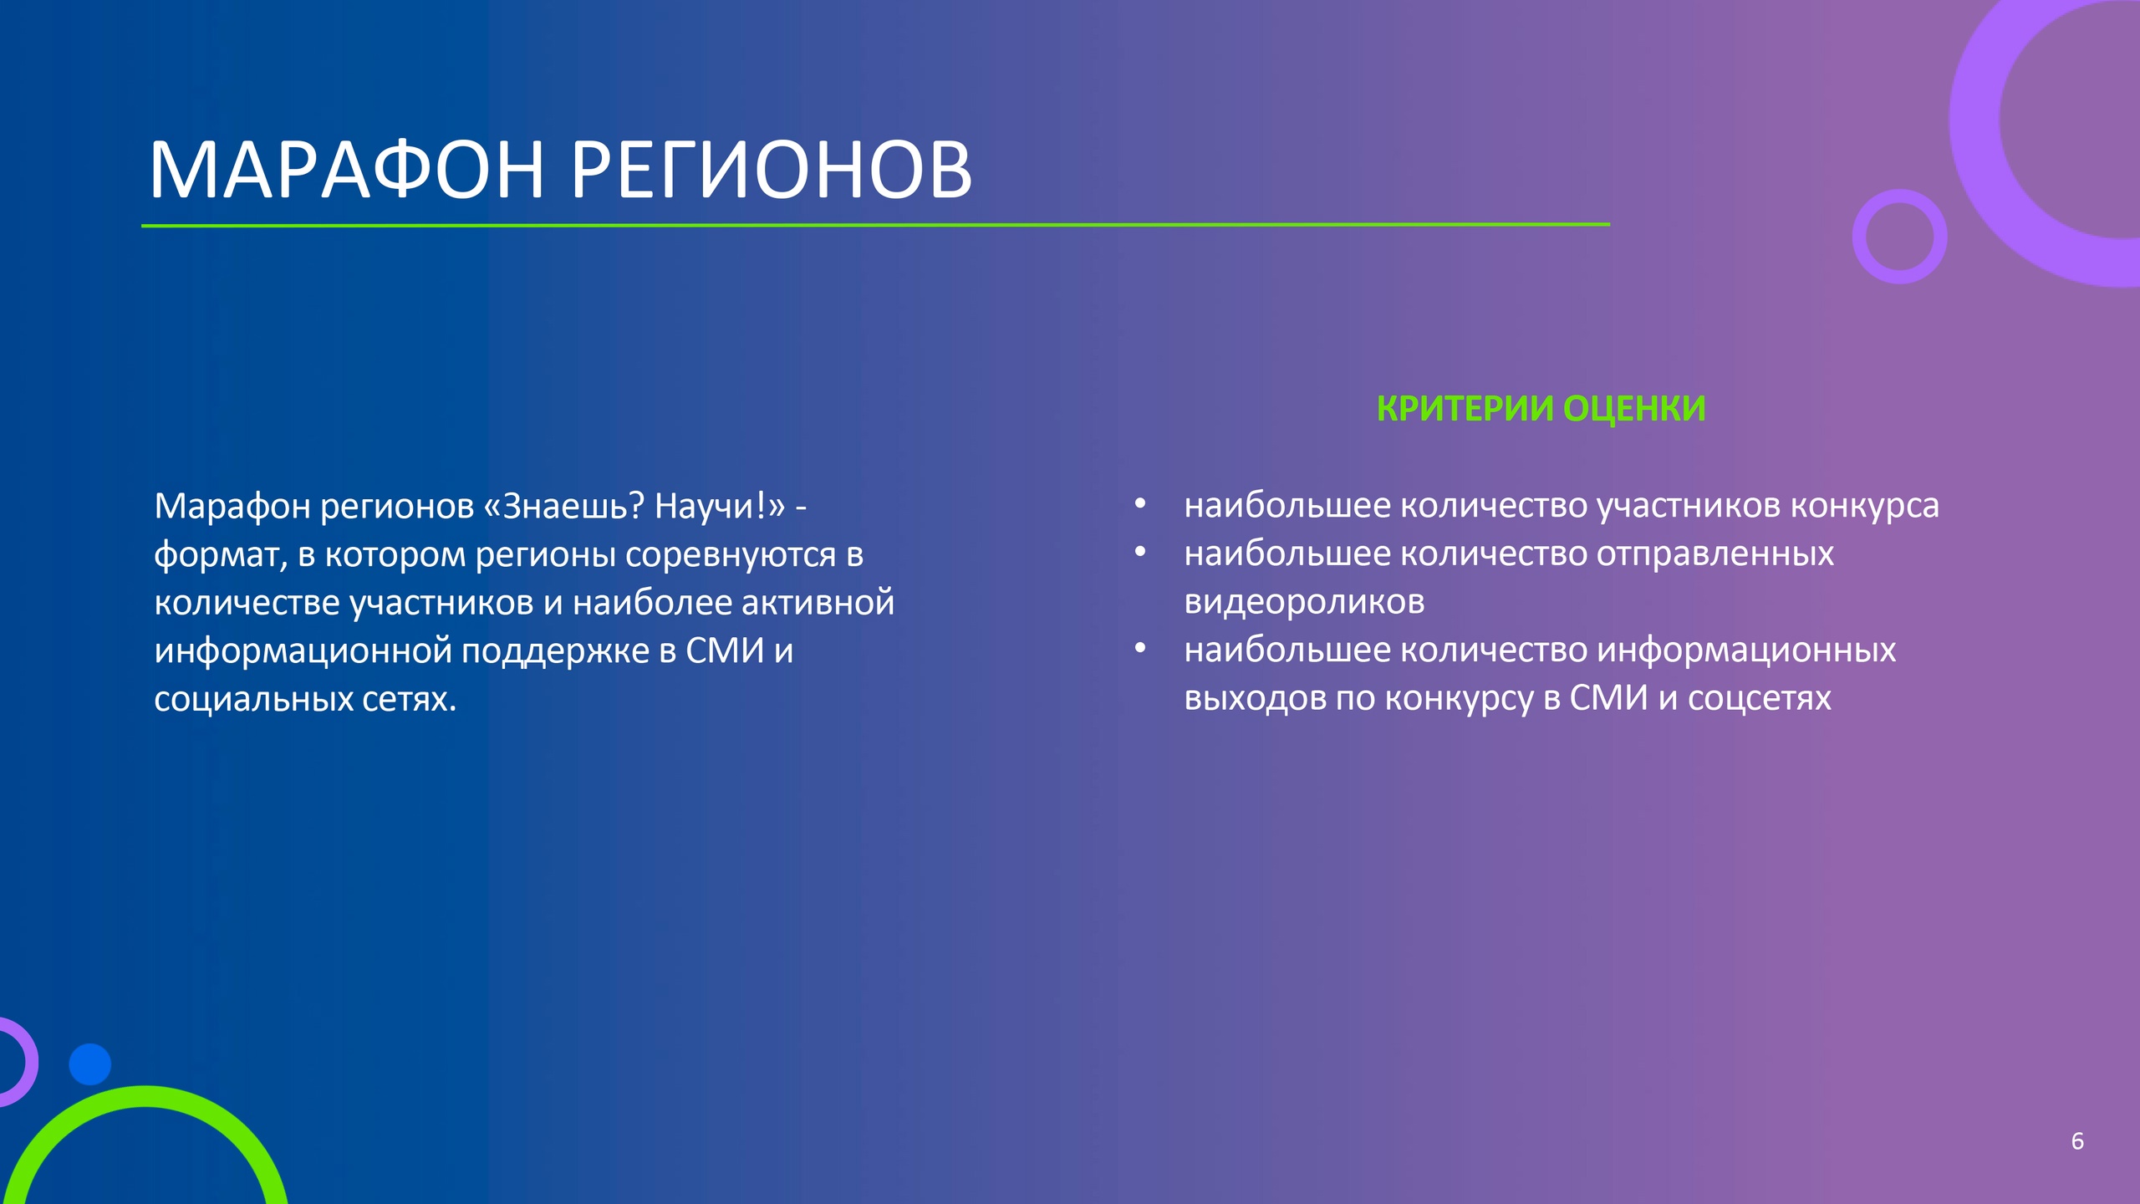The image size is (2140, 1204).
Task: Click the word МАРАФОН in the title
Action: pos(347,170)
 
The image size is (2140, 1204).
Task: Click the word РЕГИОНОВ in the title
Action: pos(772,170)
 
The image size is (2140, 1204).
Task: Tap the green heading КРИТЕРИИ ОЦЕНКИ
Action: pos(1541,409)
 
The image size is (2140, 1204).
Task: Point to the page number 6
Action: pos(2077,1141)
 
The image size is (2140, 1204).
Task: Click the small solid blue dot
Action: pos(89,1064)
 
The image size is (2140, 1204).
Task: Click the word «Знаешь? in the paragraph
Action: pos(564,506)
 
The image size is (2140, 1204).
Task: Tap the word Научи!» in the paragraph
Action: pos(720,506)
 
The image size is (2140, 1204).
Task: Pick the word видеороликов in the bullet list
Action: pos(1304,602)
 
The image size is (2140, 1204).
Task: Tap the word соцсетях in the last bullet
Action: pos(1760,699)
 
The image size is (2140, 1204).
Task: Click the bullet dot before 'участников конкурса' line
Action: pos(1140,503)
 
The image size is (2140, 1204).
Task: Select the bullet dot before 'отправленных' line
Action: pos(1140,552)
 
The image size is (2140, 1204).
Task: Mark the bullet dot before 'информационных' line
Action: pos(1140,648)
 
